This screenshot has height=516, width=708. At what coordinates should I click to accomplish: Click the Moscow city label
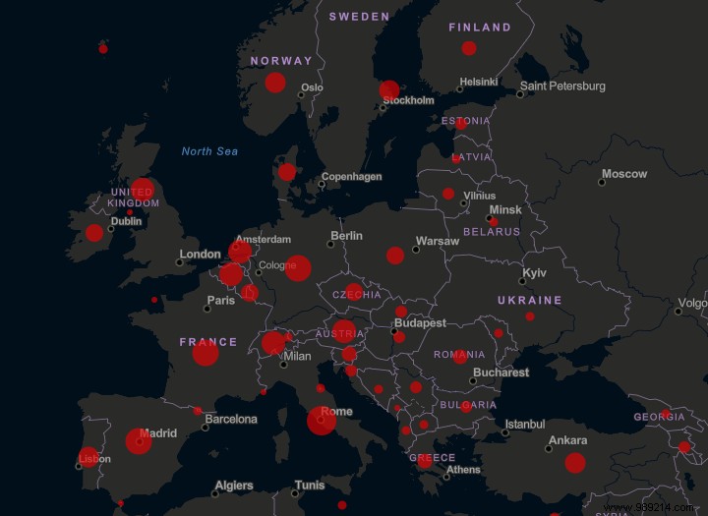624,174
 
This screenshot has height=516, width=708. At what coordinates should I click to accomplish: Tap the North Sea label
209,151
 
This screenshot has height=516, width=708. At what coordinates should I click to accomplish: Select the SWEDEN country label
360,17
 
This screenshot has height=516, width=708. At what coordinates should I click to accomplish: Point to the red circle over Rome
322,420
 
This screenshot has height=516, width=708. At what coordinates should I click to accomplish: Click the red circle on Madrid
139,441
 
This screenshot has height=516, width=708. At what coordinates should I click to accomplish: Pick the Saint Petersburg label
562,86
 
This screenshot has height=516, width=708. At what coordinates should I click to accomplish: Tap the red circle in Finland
469,48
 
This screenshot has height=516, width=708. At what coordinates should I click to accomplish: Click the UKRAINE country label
529,301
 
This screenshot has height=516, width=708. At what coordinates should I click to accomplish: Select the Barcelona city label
231,420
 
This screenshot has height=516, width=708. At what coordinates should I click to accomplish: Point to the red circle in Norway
275,83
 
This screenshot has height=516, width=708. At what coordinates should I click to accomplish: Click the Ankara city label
567,440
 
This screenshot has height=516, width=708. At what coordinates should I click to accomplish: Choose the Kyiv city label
534,272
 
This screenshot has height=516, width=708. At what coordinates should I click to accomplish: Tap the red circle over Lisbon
88,457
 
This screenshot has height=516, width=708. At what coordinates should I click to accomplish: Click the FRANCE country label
208,343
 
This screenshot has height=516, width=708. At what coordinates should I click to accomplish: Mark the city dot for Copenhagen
322,184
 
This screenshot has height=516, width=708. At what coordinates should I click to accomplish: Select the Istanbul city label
523,425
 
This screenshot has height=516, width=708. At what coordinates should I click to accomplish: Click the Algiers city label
234,486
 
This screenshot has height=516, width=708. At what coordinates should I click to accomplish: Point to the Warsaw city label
437,241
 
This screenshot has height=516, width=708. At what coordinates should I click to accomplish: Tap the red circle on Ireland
94,233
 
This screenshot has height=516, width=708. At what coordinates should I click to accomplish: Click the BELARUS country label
492,232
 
